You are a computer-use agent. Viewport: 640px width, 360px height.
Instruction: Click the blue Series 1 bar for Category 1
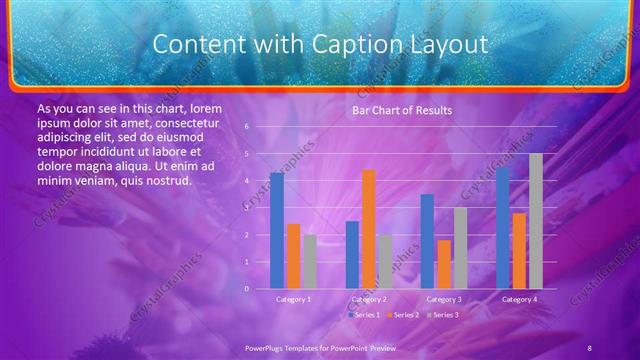pyautogui.click(x=276, y=231)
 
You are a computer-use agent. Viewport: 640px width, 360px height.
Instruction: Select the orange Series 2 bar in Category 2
pyautogui.click(x=368, y=229)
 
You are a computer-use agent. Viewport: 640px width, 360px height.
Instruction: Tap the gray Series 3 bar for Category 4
pyautogui.click(x=536, y=221)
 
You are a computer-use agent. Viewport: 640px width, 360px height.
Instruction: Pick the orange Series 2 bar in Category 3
pyautogui.click(x=443, y=264)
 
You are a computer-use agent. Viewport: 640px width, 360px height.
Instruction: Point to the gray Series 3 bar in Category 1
pyautogui.click(x=310, y=262)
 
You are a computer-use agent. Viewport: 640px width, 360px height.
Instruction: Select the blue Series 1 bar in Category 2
pyautogui.click(x=351, y=255)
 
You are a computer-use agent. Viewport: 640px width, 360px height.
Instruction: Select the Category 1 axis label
pyautogui.click(x=293, y=299)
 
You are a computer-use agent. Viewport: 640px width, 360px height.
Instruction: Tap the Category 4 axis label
pyautogui.click(x=519, y=299)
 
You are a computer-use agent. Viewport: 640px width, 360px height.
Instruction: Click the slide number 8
pyautogui.click(x=589, y=346)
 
